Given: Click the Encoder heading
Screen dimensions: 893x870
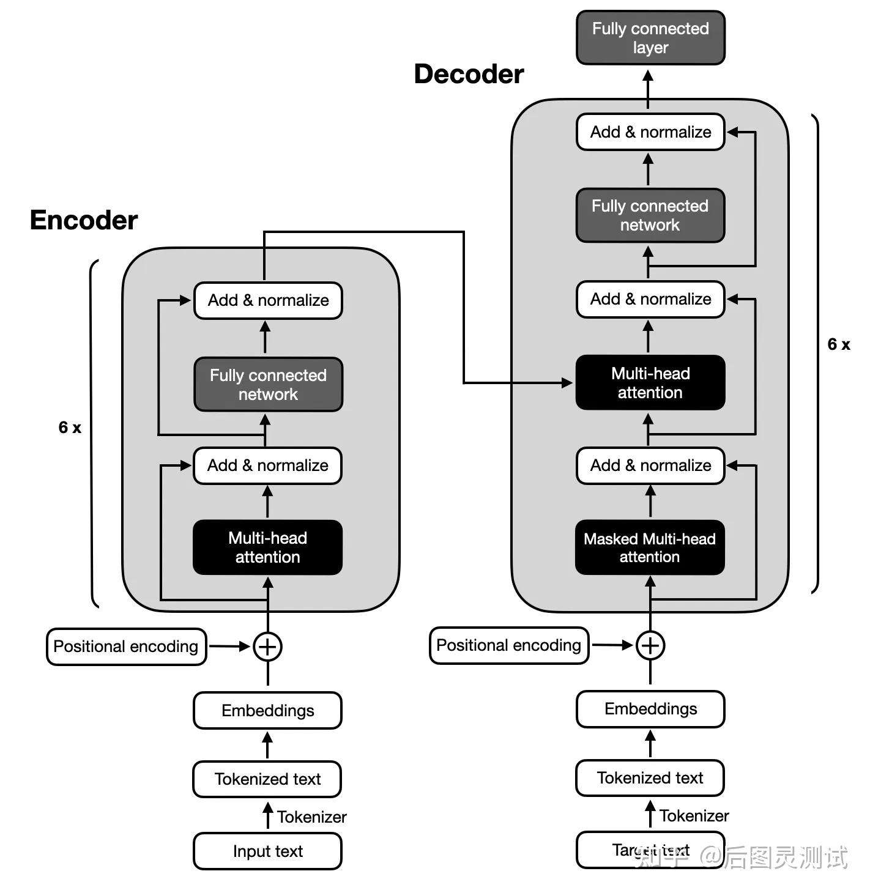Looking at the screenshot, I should point(84,220).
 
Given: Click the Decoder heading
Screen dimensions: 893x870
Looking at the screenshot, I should point(469,74).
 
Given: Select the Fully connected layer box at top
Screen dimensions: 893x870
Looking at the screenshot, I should point(650,38).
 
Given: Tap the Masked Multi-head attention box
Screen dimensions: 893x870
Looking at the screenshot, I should point(650,547).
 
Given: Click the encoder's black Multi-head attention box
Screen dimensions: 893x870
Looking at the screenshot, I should point(267,547).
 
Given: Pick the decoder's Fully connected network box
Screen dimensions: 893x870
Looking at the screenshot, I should point(650,215).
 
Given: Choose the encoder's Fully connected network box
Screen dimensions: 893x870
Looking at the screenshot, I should point(268,385).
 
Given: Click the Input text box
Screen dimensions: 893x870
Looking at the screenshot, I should point(267,851).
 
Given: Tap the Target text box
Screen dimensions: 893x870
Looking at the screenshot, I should point(650,850).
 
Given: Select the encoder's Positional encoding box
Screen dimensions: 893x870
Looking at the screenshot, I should point(126,647).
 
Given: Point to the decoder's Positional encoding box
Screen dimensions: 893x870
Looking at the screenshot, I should point(508,645).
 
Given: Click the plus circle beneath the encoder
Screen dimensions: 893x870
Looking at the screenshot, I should point(267,647).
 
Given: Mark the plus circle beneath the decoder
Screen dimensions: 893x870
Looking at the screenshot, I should point(650,645).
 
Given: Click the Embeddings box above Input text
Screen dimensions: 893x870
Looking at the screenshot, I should point(267,710).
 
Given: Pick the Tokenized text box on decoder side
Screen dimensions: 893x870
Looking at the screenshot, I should point(650,778).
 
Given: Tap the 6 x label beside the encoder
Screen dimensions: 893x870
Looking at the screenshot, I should point(70,428).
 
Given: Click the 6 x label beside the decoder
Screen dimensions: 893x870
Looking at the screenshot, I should point(838,344).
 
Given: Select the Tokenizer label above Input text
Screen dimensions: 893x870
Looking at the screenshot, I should point(311,817).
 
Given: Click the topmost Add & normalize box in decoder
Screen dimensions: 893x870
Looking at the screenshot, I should point(650,132).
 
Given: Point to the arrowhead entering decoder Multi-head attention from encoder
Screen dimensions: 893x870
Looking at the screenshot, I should point(567,383).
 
